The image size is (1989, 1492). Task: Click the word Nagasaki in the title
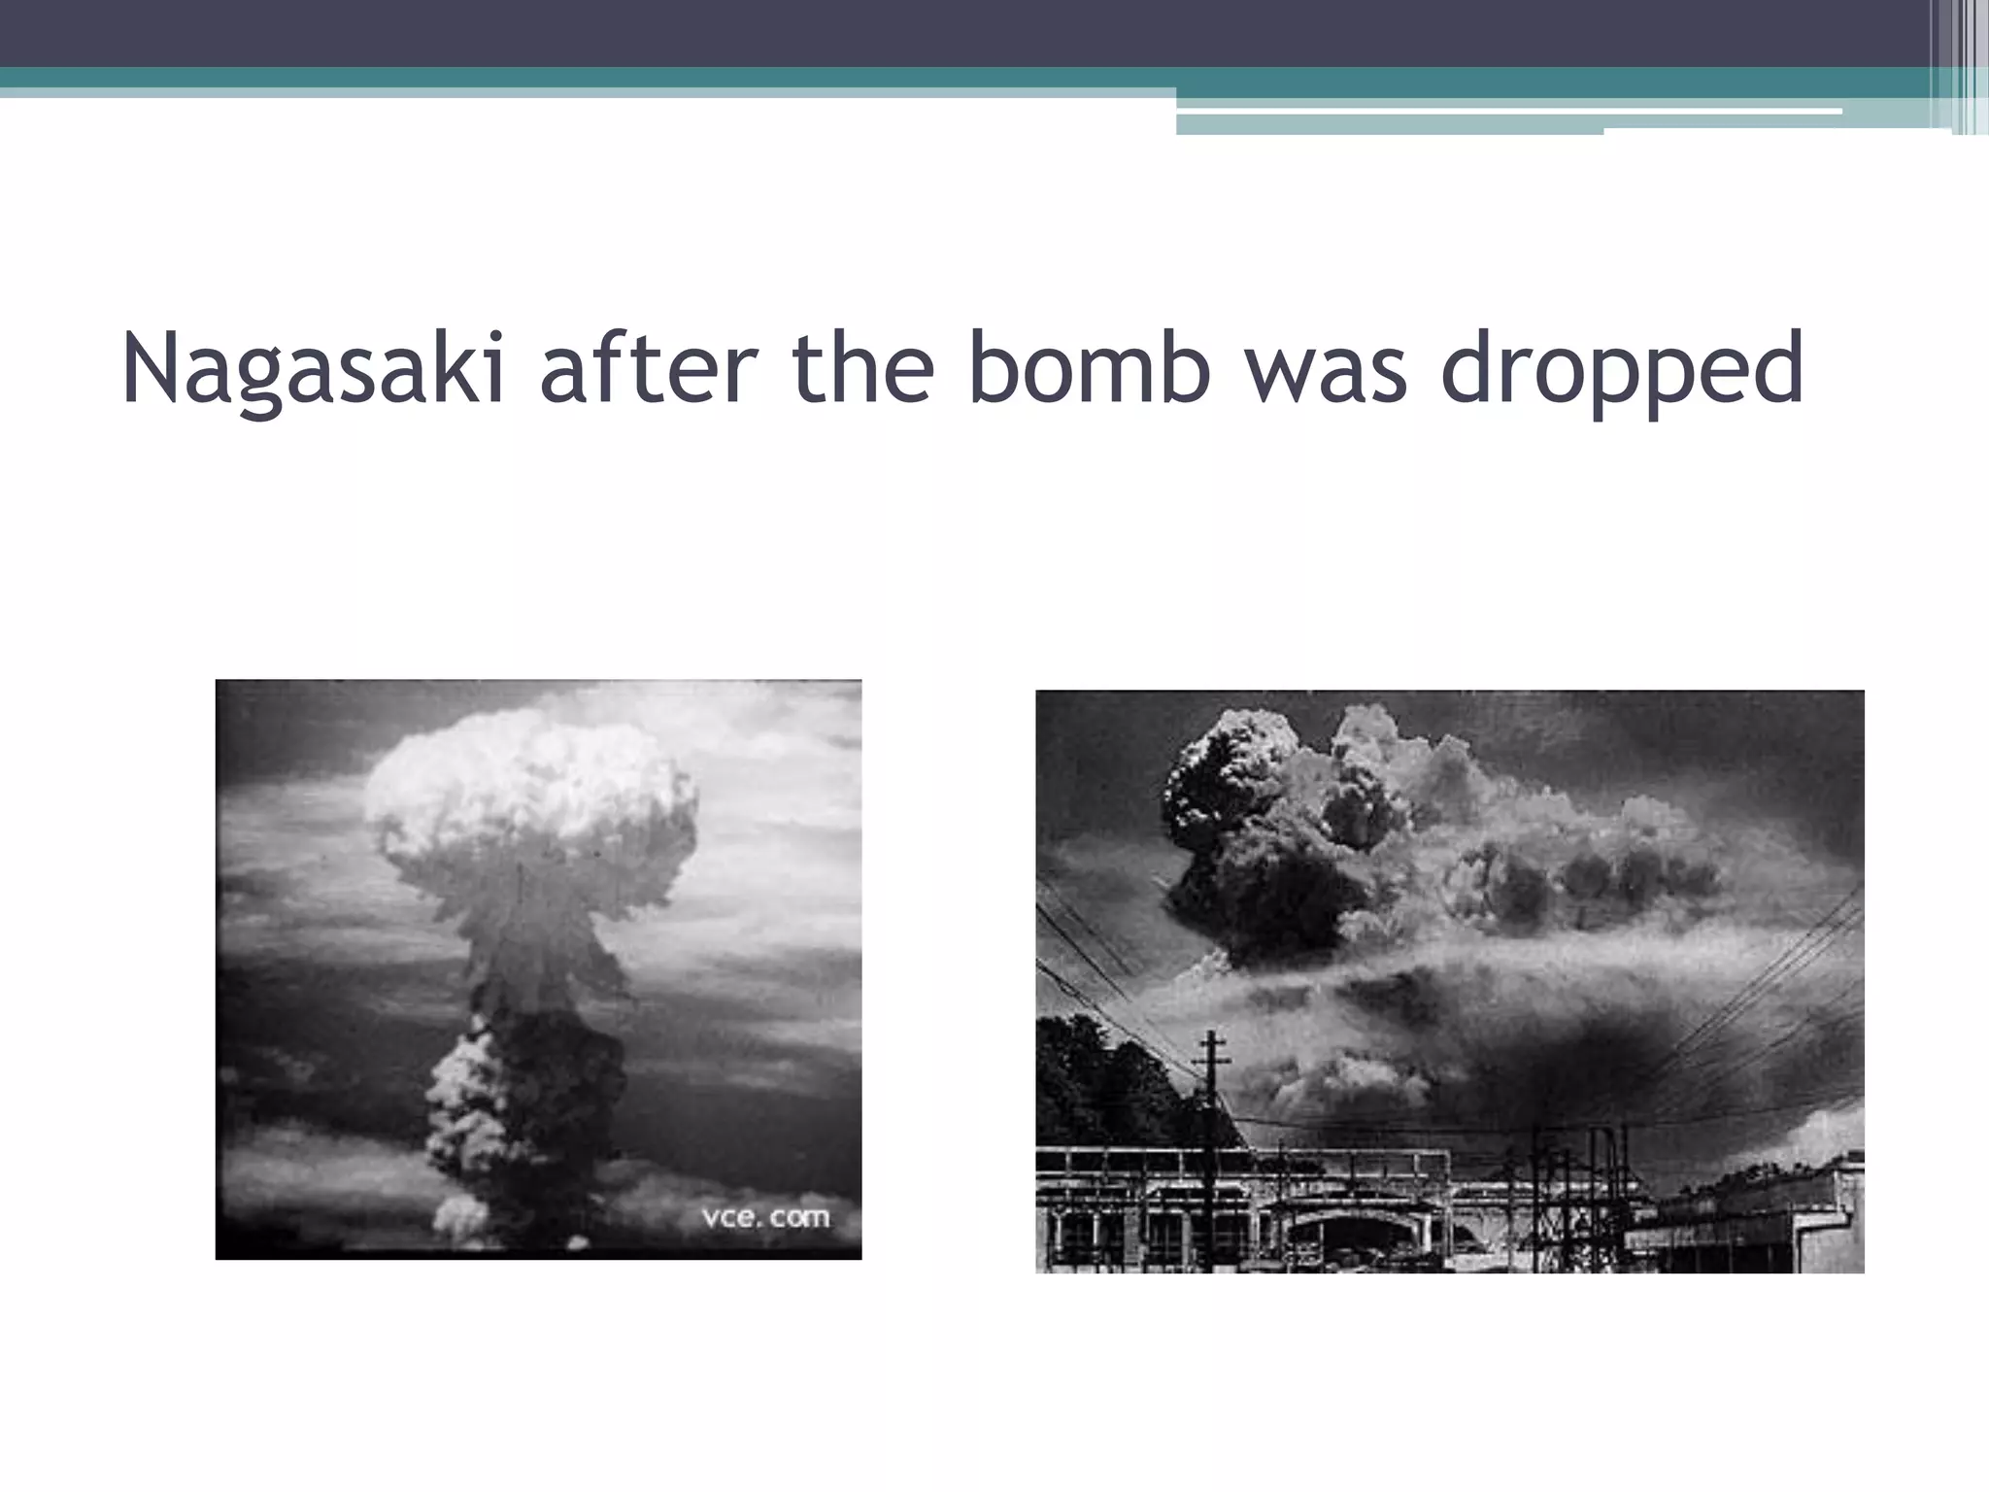pyautogui.click(x=314, y=369)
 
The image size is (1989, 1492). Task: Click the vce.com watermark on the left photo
pyautogui.click(x=765, y=1217)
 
